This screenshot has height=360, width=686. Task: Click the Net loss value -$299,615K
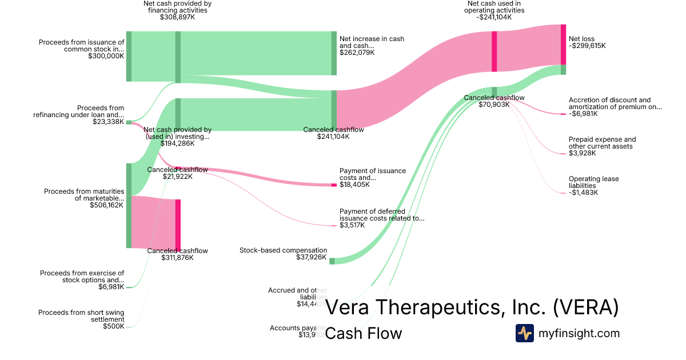pos(587,46)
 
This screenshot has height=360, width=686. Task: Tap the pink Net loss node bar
pos(563,45)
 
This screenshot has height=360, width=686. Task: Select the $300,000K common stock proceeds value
pos(106,56)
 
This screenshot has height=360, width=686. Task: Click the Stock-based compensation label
pos(283,250)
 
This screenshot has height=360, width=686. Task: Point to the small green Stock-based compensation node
pos(332,261)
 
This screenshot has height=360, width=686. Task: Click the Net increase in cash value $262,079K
pos(357,53)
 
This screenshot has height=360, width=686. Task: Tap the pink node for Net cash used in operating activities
pos(494,51)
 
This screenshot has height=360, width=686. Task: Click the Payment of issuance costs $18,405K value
pos(354,185)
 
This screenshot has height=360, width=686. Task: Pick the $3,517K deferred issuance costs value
pos(352,225)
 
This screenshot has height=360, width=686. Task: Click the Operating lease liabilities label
pos(593,182)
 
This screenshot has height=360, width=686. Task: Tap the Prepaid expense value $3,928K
pos(582,153)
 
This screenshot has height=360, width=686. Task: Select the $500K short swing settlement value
pos(113,326)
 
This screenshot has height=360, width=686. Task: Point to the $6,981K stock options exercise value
pos(111,287)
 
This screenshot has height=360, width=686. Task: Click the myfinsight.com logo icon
pos(524,333)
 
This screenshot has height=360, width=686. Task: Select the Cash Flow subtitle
pos(363,333)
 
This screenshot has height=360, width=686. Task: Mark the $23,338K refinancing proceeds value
pos(108,122)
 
